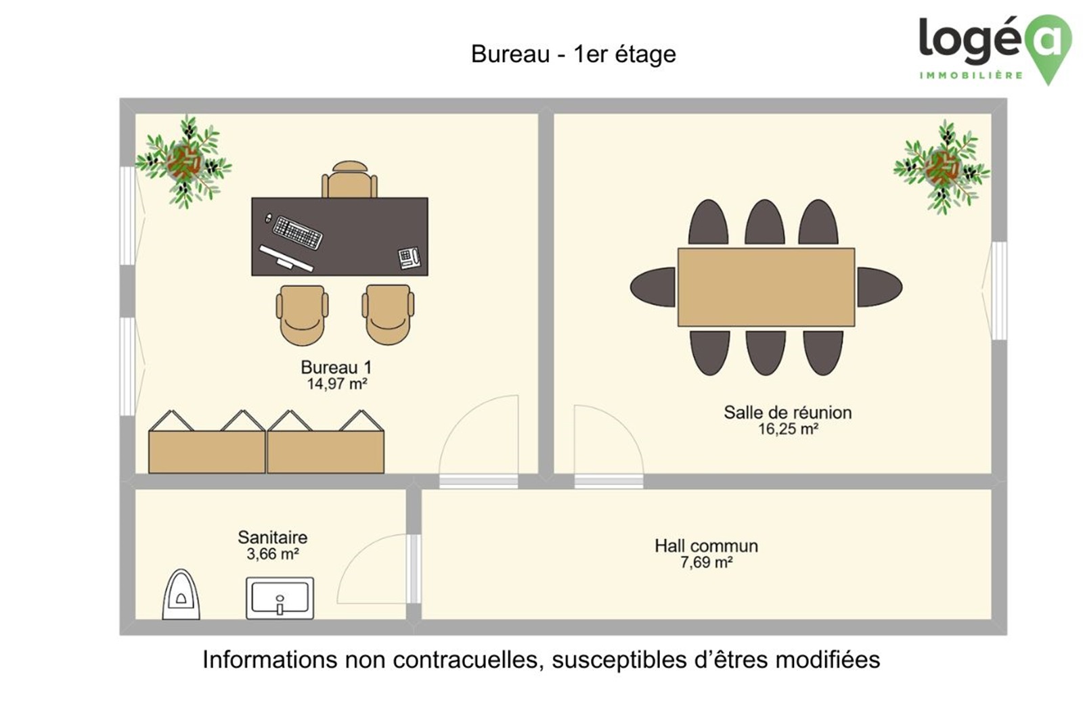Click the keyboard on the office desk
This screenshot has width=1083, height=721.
click(297, 233)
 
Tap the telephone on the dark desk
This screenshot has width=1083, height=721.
click(409, 258)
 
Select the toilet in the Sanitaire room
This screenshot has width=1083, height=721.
click(181, 595)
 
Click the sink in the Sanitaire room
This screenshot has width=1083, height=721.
click(280, 599)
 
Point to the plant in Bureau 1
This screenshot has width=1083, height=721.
click(183, 162)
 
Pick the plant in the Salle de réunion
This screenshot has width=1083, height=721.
click(942, 167)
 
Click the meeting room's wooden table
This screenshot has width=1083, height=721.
click(766, 287)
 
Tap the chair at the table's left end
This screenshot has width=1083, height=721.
click(653, 287)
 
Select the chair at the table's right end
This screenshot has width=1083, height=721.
click(880, 287)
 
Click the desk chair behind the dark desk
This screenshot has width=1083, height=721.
click(349, 179)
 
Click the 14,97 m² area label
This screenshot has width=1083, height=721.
click(337, 384)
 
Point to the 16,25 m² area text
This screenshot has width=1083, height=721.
click(788, 429)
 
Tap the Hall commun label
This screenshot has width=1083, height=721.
click(707, 546)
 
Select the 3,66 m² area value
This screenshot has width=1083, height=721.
click(273, 554)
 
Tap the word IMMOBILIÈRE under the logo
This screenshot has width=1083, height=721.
click(971, 75)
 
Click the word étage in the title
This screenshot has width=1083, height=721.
click(645, 55)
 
